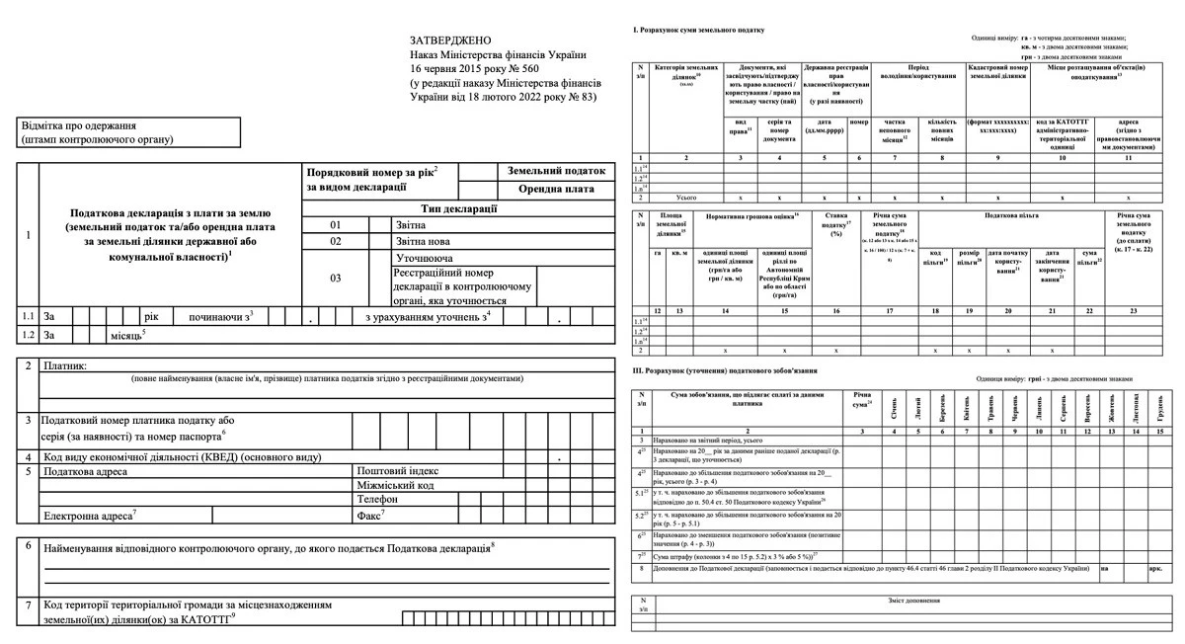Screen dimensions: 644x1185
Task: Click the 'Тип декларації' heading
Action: pos(458,208)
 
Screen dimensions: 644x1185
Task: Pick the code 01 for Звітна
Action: pos(335,226)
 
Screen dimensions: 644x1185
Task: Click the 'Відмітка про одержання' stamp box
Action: pos(128,132)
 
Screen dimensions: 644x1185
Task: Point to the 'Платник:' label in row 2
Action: pos(65,366)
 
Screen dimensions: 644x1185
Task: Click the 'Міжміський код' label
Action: pos(398,486)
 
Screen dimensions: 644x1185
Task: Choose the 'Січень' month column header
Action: pos(895,406)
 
